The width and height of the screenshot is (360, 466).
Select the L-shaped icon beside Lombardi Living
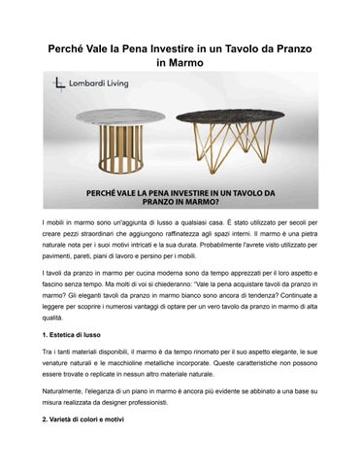(61, 87)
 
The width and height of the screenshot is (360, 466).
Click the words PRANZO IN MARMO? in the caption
(180, 205)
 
